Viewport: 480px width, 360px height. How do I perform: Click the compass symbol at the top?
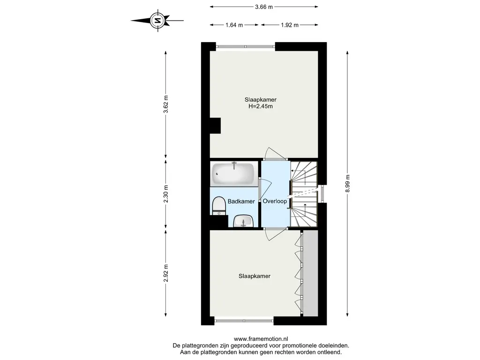click(157, 21)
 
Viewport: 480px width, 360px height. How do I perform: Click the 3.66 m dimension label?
click(263, 7)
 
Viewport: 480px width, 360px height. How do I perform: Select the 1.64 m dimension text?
click(234, 25)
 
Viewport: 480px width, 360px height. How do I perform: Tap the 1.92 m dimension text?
click(290, 25)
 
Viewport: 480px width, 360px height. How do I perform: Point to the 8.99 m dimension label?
click(347, 184)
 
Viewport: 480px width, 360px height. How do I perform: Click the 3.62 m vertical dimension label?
click(165, 105)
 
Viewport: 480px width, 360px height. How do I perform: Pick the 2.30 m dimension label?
click(165, 194)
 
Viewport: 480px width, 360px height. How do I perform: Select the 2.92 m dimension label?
click(165, 273)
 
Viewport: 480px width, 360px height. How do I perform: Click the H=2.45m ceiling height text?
click(261, 106)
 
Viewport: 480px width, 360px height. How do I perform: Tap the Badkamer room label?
click(241, 202)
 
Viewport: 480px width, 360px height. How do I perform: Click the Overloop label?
click(275, 202)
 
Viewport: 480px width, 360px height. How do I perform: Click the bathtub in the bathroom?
click(233, 173)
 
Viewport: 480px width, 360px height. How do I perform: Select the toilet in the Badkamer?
click(218, 206)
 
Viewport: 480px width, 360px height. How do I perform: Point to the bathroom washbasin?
click(243, 221)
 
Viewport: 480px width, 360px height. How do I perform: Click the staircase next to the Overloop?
click(304, 194)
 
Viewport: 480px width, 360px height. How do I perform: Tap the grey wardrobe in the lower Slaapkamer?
click(310, 273)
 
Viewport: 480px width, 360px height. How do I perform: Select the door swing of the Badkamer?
click(265, 189)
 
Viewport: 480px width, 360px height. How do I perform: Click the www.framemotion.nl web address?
click(261, 339)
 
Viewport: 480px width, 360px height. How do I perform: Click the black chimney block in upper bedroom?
click(215, 126)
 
